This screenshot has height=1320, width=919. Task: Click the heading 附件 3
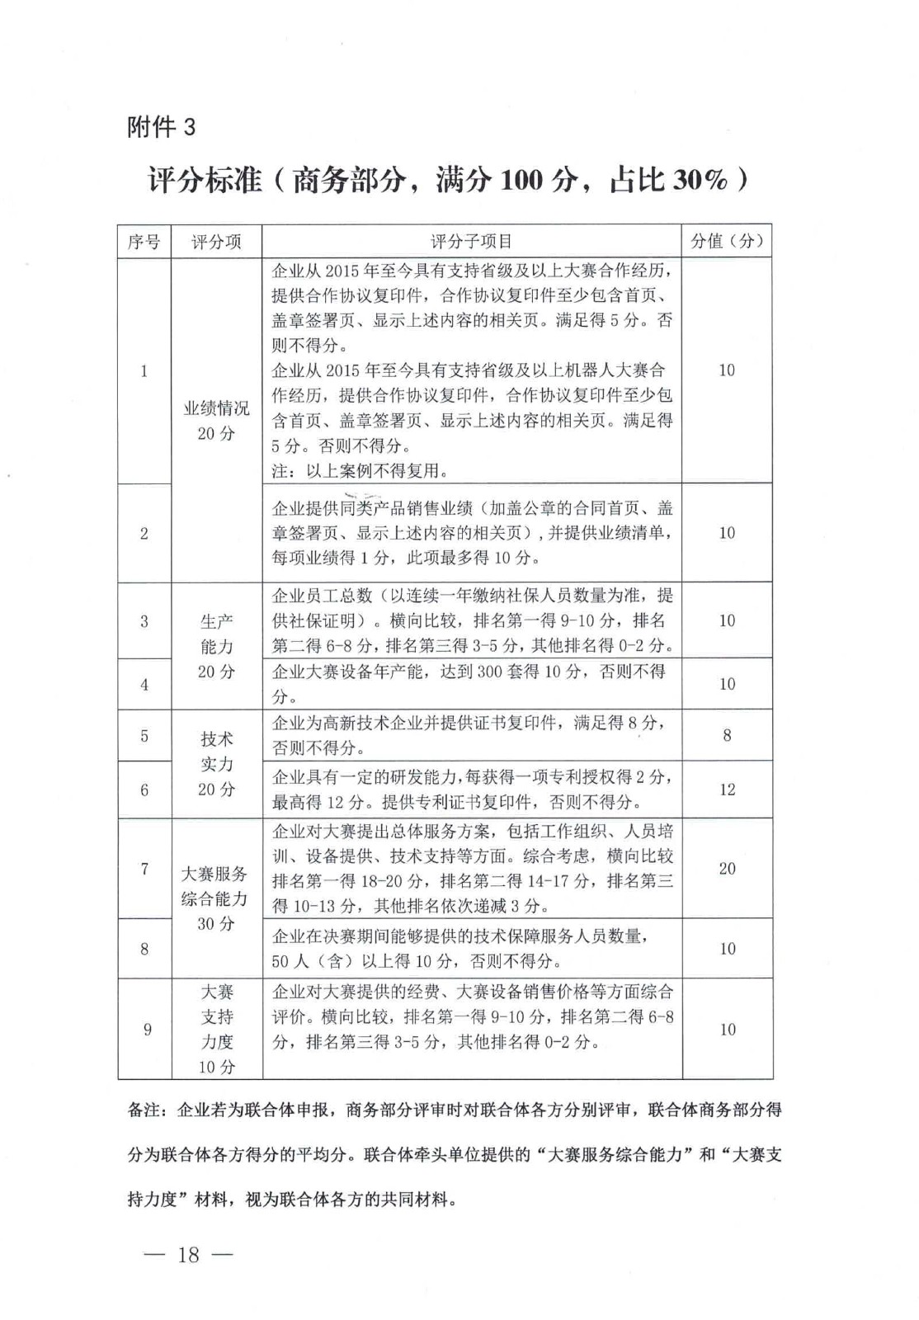(x=162, y=127)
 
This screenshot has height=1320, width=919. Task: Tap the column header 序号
(x=144, y=242)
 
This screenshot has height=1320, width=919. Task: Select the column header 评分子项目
(x=471, y=242)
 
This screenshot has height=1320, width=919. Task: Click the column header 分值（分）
(x=727, y=241)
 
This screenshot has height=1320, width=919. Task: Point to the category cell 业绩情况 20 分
(x=216, y=421)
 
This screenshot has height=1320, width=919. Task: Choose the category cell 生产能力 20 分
(x=216, y=646)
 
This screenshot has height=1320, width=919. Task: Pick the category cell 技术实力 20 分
(x=216, y=764)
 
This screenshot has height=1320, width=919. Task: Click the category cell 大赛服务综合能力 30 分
(x=215, y=898)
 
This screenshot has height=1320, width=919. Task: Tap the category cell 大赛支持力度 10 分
(x=217, y=1029)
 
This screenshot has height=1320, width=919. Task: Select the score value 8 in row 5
(x=727, y=735)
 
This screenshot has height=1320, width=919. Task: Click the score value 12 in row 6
(x=727, y=790)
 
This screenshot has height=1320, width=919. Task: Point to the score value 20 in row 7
(x=727, y=868)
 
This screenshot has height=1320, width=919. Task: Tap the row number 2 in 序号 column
(x=144, y=533)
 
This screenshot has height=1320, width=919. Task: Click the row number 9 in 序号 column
(x=147, y=1029)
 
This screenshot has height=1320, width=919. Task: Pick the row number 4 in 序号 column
(x=144, y=684)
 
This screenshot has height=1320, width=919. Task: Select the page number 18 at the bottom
(x=189, y=1255)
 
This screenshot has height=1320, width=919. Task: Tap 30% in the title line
(x=700, y=180)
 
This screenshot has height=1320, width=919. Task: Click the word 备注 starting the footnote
(x=144, y=1110)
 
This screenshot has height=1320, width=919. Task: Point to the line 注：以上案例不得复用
(x=360, y=471)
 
